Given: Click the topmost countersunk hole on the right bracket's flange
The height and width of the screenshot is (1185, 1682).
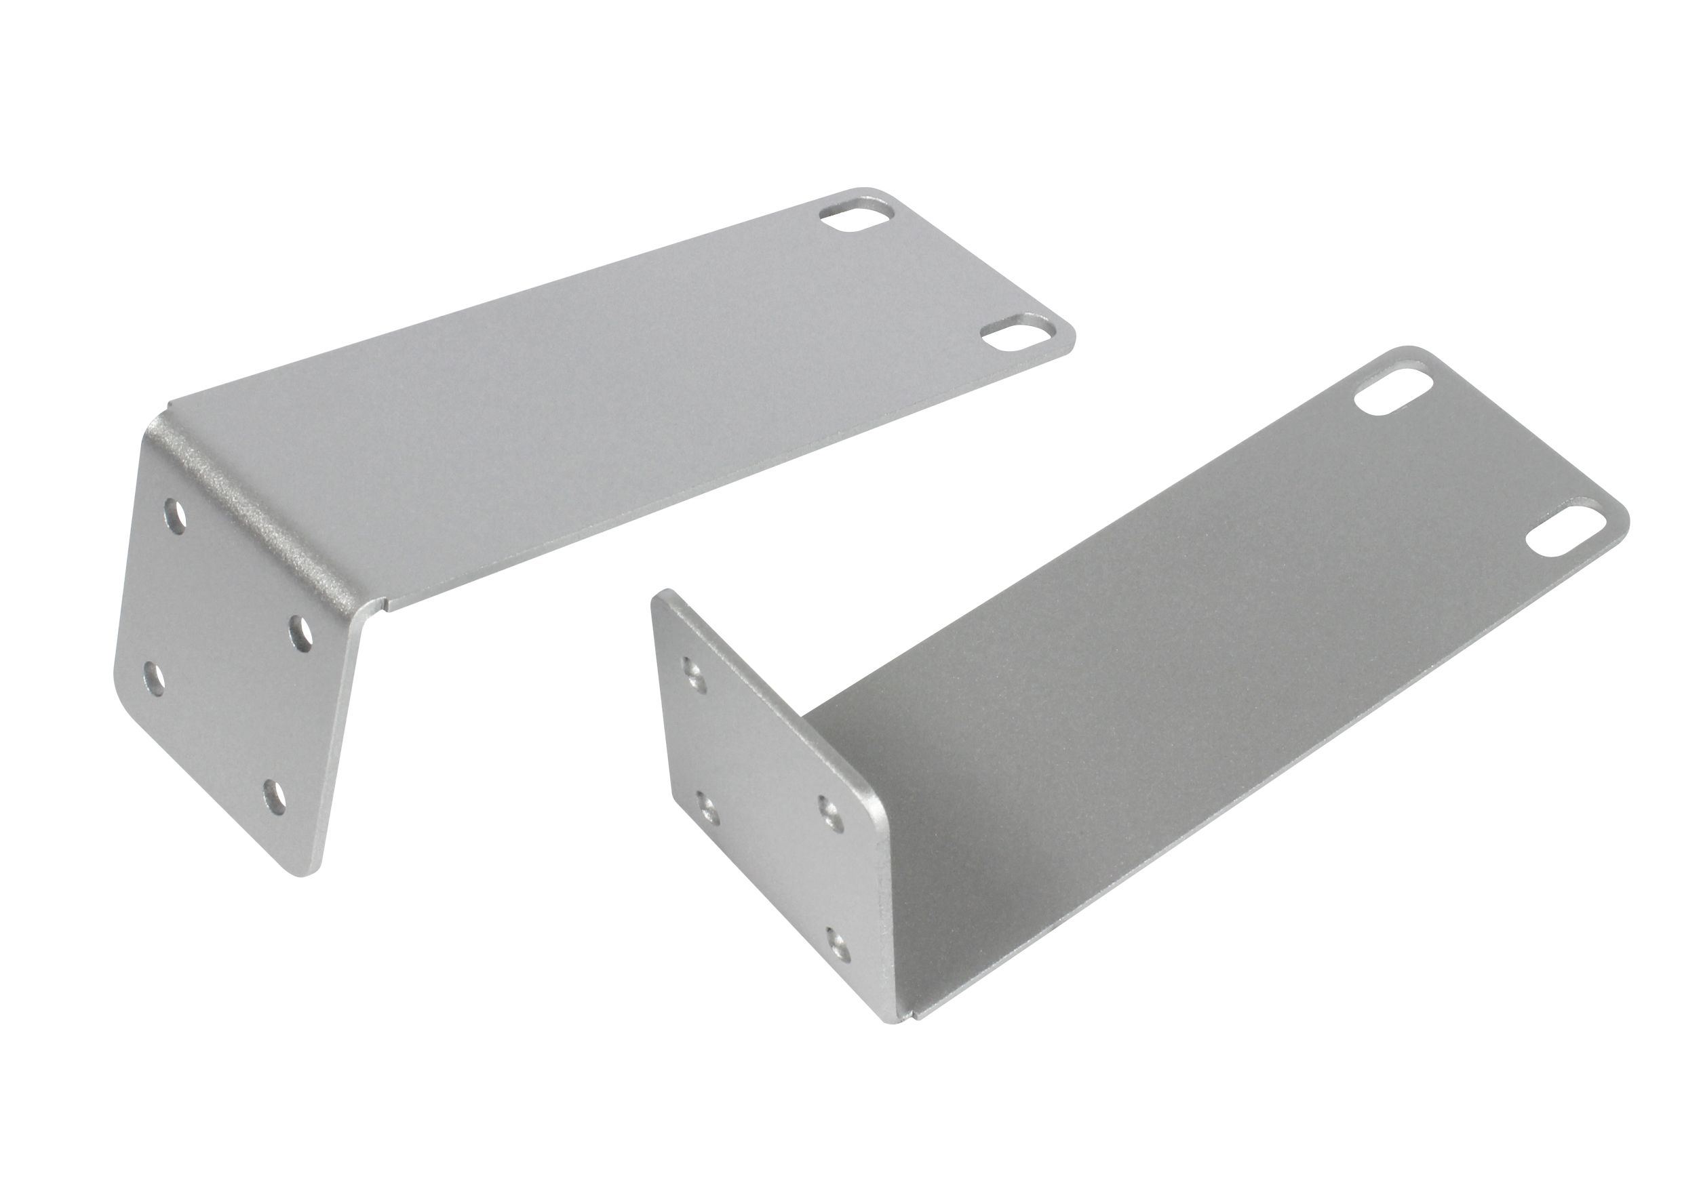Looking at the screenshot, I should point(691,670).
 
